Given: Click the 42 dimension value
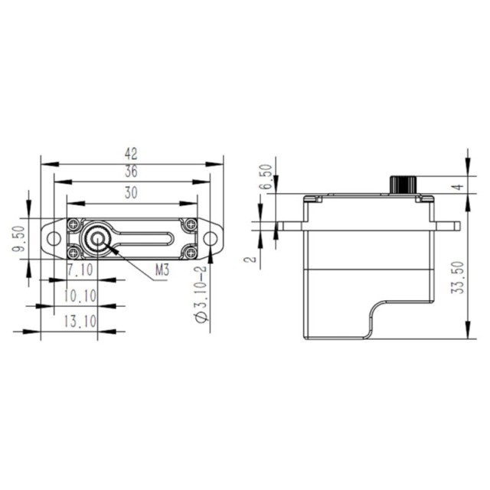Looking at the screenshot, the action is (131, 154).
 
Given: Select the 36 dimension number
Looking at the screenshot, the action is (131, 171).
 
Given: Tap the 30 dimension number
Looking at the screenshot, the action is (131, 193).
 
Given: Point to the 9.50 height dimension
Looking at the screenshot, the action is (18, 239).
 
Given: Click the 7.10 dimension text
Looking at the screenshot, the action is (80, 269).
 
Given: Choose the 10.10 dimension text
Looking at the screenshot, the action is (80, 296).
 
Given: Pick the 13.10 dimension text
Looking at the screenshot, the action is (80, 322).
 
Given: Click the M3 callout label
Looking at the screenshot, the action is (162, 270).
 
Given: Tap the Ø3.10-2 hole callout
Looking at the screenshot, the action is (201, 294).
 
